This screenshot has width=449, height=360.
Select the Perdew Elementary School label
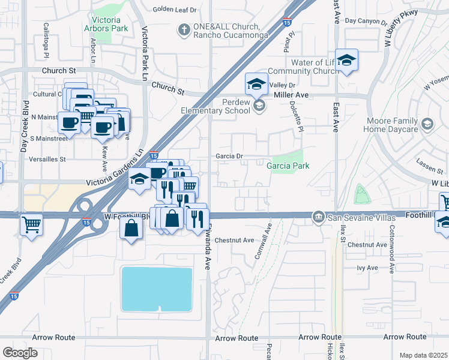coord(215,106)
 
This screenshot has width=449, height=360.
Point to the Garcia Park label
coord(288,166)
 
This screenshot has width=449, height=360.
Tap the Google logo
coord(20,353)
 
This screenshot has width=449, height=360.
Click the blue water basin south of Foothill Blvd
coord(157,289)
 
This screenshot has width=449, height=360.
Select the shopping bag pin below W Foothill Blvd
coord(131,230)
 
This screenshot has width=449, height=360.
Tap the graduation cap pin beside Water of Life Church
coord(346,61)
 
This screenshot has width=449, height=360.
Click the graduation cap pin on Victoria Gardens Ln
coord(139,181)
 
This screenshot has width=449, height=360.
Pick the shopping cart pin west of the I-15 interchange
coord(31,226)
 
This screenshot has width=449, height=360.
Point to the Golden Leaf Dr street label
coord(175,10)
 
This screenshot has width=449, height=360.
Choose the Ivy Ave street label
coord(367,268)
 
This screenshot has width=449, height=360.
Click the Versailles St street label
coord(46,160)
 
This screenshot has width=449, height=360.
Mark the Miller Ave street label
coord(291,95)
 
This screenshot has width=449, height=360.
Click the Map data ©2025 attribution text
coord(423,355)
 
